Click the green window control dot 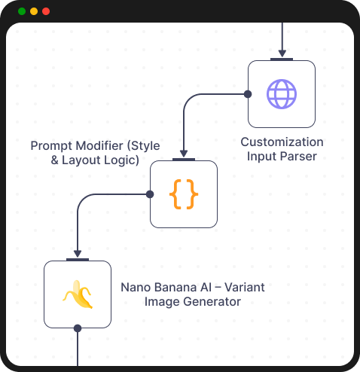tap(22, 11)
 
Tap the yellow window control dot tap(34, 11)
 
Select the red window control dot tap(46, 11)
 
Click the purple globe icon tap(282, 94)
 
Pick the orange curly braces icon tap(184, 194)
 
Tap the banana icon tap(77, 294)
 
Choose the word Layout tap(84, 160)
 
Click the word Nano tap(136, 287)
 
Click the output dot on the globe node tap(248, 94)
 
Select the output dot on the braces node tap(150, 194)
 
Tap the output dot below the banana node tap(77, 328)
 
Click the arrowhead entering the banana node tap(77, 254)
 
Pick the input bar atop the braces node tap(184, 160)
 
